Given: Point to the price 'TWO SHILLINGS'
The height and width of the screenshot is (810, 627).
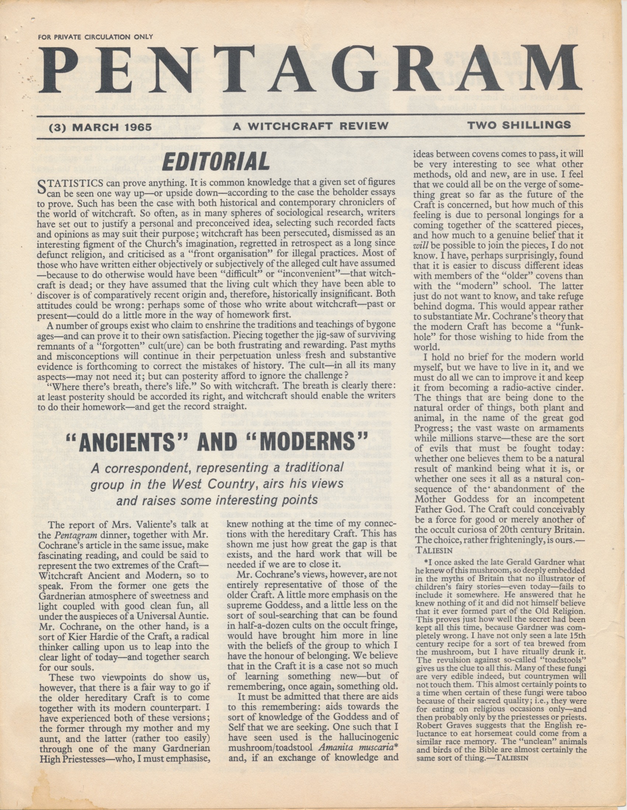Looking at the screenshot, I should [519, 125].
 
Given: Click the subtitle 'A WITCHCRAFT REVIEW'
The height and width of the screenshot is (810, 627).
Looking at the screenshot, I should [310, 126].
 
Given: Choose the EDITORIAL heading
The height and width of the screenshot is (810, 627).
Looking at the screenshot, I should [216, 162].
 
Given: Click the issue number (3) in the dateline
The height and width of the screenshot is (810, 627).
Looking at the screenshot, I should [58, 127].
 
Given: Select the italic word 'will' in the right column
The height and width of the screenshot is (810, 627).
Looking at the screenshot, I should [419, 245].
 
